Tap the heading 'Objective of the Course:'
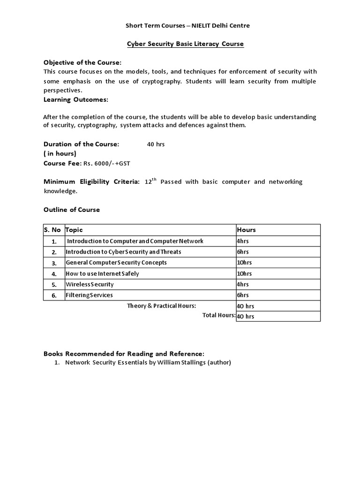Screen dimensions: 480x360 [x=82, y=63]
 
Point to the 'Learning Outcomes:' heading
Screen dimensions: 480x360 [x=75, y=100]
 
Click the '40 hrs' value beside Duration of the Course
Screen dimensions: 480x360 [x=156, y=144]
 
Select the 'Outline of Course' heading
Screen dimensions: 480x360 [x=72, y=210]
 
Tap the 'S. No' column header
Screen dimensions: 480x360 [x=52, y=230]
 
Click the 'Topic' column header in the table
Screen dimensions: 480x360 [x=74, y=230]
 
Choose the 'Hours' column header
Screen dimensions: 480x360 [x=247, y=230]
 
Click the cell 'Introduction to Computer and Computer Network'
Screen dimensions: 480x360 [x=135, y=241]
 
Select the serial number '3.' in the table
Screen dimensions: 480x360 [x=54, y=263]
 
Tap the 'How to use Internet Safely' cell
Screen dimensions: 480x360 [x=102, y=274]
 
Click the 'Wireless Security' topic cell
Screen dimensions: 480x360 [x=90, y=285]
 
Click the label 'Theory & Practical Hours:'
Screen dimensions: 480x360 [x=161, y=306]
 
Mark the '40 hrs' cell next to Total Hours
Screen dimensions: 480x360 [x=246, y=317]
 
